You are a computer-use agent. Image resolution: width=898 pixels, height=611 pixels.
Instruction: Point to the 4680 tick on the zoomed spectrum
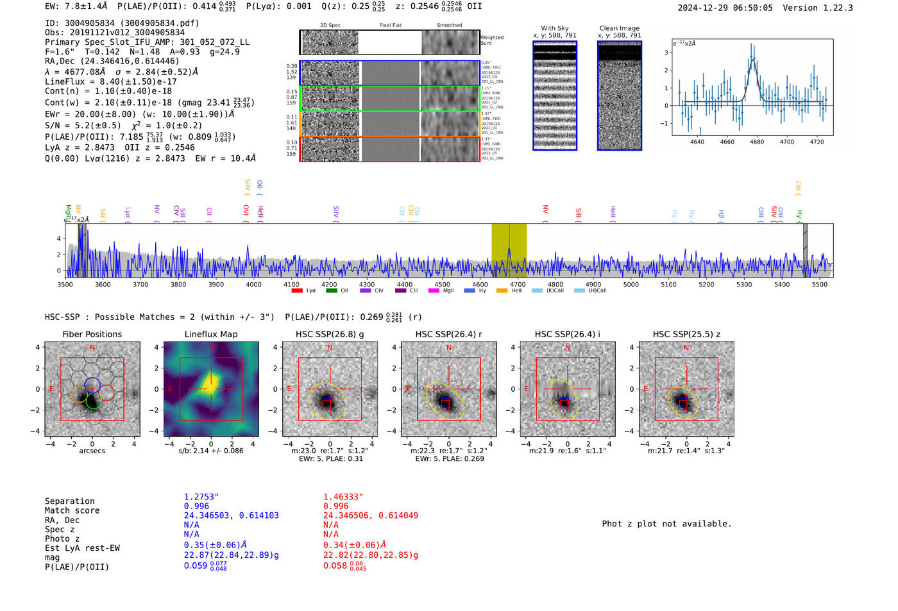pyautogui.click(x=757, y=142)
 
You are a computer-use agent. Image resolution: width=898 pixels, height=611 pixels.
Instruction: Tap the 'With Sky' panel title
pyautogui.click(x=555, y=28)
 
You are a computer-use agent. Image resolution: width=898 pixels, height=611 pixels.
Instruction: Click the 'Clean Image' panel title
pyautogui.click(x=619, y=28)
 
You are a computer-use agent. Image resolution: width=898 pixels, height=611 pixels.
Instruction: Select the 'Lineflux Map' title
pyautogui.click(x=211, y=334)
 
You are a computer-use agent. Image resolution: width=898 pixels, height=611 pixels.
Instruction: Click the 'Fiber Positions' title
pyautogui.click(x=92, y=334)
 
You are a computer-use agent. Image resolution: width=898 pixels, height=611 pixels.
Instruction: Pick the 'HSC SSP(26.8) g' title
pyautogui.click(x=330, y=334)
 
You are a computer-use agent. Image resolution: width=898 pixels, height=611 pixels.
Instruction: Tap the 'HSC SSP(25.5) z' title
pyautogui.click(x=686, y=334)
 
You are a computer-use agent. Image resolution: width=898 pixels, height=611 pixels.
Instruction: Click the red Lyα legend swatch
pyautogui.click(x=297, y=291)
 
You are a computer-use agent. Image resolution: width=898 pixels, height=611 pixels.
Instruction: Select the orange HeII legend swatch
pyautogui.click(x=502, y=291)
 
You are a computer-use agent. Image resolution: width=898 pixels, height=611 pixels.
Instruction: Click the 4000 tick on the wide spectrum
pyautogui.click(x=254, y=285)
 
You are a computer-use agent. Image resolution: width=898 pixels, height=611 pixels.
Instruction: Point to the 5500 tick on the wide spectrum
pyautogui.click(x=820, y=285)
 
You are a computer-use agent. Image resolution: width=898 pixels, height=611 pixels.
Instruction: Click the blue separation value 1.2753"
pyautogui.click(x=201, y=497)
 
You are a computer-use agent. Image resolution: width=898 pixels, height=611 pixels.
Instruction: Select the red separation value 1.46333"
pyautogui.click(x=343, y=497)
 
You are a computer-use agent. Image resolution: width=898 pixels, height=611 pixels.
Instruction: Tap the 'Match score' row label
pyautogui.click(x=72, y=511)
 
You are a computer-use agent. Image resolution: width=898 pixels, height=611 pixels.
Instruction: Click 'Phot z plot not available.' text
pyautogui.click(x=666, y=524)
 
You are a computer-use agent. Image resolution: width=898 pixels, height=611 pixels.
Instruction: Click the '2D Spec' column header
pyautogui.click(x=330, y=26)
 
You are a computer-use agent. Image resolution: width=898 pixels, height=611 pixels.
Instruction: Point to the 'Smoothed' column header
pyautogui.click(x=449, y=26)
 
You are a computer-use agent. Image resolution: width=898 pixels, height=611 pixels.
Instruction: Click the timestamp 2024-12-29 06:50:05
pyautogui.click(x=725, y=8)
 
